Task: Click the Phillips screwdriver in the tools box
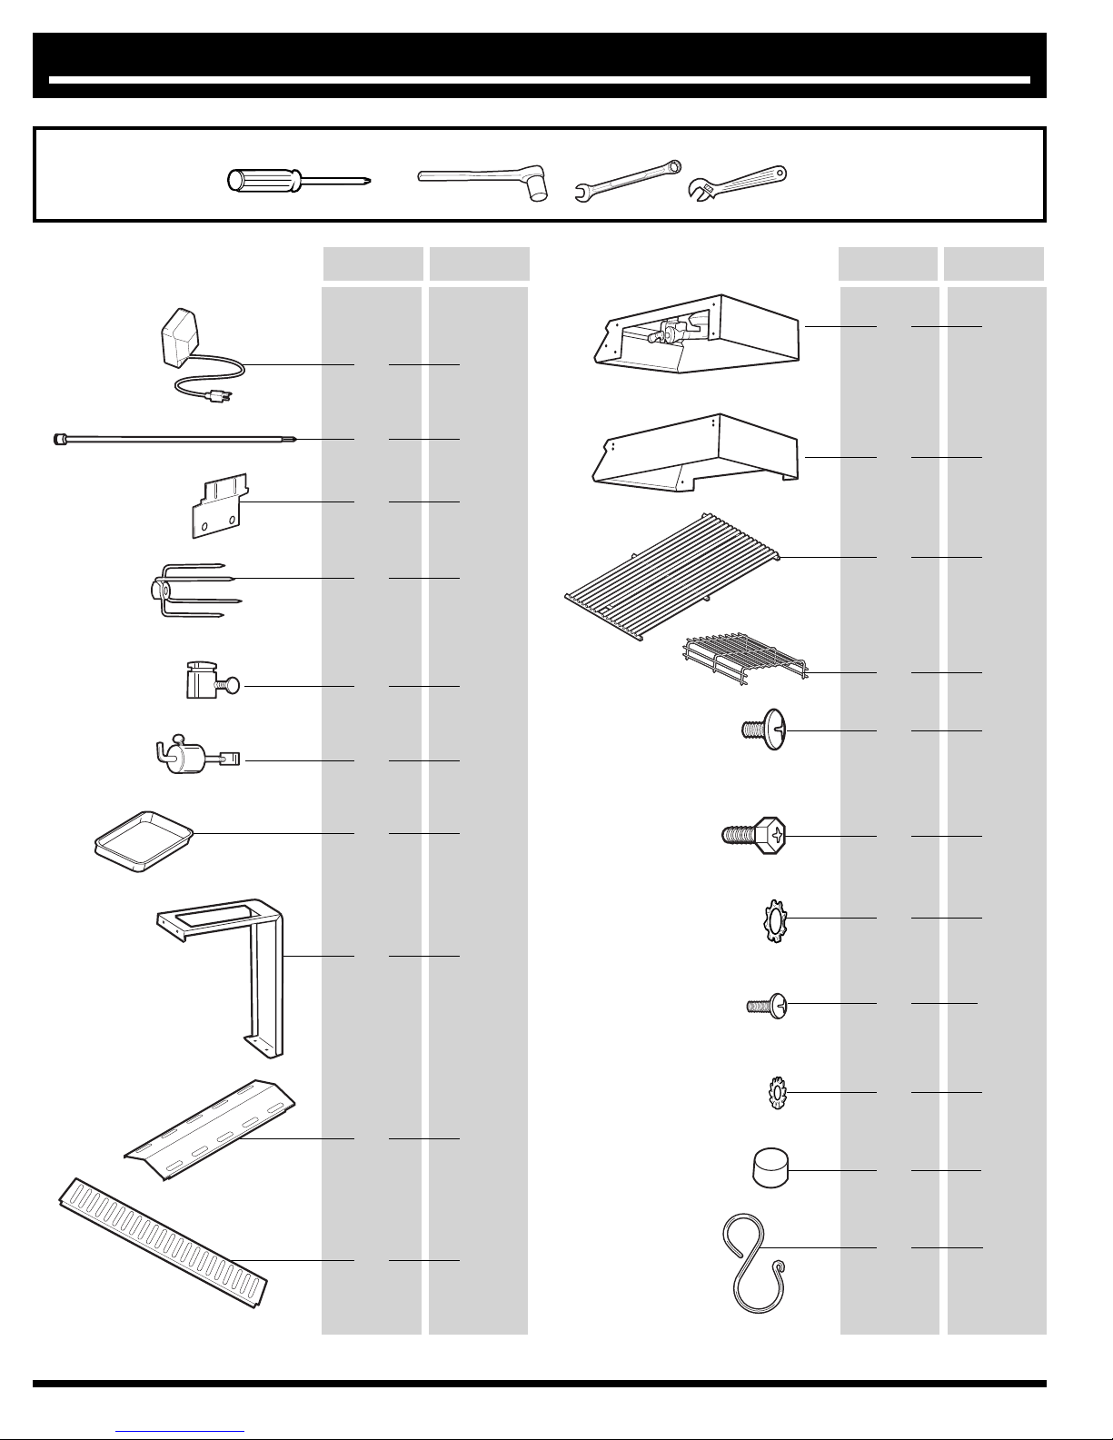(x=300, y=181)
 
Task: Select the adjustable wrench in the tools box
(x=736, y=184)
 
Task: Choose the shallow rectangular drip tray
(x=143, y=840)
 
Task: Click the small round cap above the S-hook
(x=770, y=1167)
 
